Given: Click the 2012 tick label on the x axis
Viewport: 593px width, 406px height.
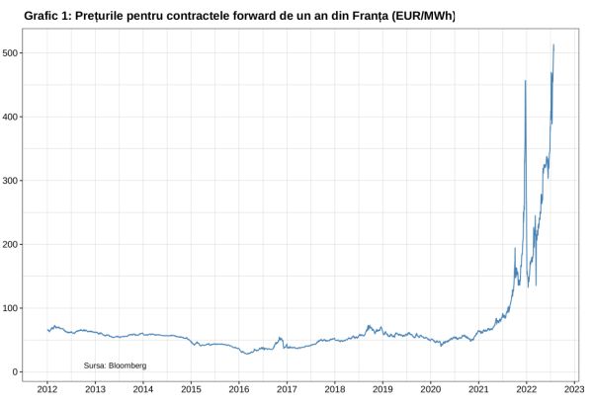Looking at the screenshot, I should click(x=47, y=390).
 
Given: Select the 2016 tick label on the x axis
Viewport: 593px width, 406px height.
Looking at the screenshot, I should click(x=239, y=390).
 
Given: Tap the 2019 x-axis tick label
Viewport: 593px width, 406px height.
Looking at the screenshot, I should click(x=382, y=390).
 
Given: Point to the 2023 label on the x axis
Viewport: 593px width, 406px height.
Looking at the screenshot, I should click(x=574, y=390).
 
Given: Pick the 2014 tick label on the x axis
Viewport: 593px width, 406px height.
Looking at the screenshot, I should click(x=143, y=390).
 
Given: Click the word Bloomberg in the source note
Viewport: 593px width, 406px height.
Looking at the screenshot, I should click(x=127, y=365).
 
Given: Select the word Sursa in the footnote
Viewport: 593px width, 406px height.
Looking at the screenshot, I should click(x=95, y=365).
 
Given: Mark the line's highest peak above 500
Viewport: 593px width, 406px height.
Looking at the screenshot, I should click(x=553, y=45).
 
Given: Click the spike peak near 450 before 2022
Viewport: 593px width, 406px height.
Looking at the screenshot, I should click(x=525, y=81).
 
